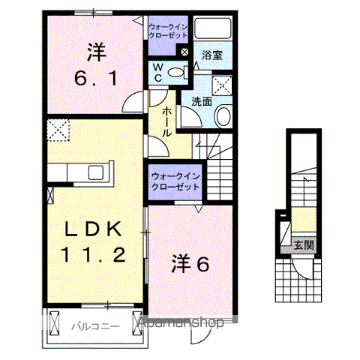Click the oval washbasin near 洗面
pyautogui.click(x=223, y=115)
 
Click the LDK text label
pyautogui.click(x=94, y=229)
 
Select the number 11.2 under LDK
pyautogui.click(x=94, y=255)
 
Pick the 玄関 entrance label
pyautogui.click(x=304, y=244)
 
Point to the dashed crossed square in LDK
pyautogui.click(x=57, y=130)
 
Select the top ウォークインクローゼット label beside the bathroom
pyautogui.click(x=169, y=31)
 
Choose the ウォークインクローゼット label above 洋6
pyautogui.click(x=174, y=181)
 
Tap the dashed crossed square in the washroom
pyautogui.click(x=222, y=84)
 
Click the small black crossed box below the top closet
pyautogui.click(x=184, y=52)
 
